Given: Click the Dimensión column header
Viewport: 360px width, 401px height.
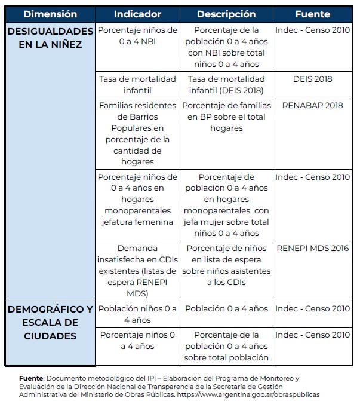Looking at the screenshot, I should pos(50,14).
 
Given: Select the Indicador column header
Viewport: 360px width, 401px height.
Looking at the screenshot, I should pos(137,14).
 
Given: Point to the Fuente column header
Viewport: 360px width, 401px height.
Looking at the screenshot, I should pos(313,14).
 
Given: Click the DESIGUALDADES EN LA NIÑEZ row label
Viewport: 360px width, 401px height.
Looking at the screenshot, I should pos(50,38).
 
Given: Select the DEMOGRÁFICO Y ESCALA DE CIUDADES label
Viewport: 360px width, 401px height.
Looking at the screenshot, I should pos(50,322).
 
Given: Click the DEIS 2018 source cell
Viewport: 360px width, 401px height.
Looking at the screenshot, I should pos(313,79).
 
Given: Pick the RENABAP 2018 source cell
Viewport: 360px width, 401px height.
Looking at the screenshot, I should pos(313,106).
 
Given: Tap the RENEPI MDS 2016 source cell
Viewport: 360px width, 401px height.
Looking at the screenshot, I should pos(313,248).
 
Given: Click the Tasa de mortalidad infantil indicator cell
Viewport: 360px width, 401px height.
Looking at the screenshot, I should pos(137,85).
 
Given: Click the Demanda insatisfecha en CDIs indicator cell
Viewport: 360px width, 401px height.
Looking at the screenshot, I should pos(137,271).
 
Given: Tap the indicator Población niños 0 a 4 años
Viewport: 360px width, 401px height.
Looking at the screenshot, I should pos(137,314).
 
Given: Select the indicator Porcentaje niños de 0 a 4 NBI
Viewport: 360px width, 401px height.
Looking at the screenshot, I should pos(137,35).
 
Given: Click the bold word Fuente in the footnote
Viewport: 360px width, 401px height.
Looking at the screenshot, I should pos(31,378).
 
